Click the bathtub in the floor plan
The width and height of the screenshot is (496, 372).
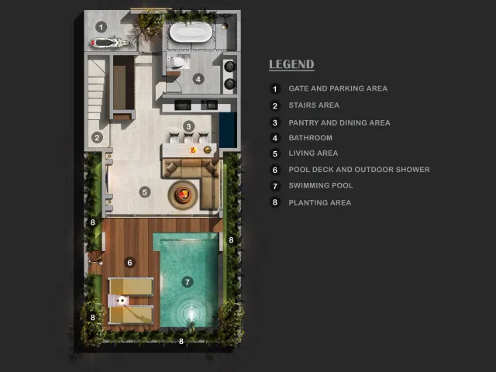(191, 33)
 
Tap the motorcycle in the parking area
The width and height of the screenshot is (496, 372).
(110, 43)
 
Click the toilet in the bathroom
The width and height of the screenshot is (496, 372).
(176, 62)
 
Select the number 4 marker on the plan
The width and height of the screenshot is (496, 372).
(198, 79)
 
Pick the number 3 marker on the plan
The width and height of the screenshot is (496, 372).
(188, 126)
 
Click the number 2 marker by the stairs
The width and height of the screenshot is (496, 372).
(97, 137)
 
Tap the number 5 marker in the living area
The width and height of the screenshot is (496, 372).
(145, 191)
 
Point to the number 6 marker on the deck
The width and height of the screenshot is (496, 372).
(129, 262)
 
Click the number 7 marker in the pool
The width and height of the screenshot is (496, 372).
(188, 282)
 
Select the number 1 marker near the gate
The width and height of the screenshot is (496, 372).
(102, 27)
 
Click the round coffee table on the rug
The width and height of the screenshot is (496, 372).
(183, 195)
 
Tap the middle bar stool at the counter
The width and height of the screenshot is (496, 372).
(188, 138)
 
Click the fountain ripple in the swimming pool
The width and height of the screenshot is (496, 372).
(191, 313)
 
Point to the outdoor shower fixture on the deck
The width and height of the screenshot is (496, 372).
(95, 262)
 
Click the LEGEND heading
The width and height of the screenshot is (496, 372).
(291, 64)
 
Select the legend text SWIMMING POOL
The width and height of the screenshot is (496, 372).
(320, 186)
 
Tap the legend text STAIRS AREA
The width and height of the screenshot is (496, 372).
(314, 105)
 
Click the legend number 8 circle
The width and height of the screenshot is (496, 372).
(275, 202)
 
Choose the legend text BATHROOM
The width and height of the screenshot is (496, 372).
(310, 138)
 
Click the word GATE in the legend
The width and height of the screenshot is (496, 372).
(298, 88)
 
